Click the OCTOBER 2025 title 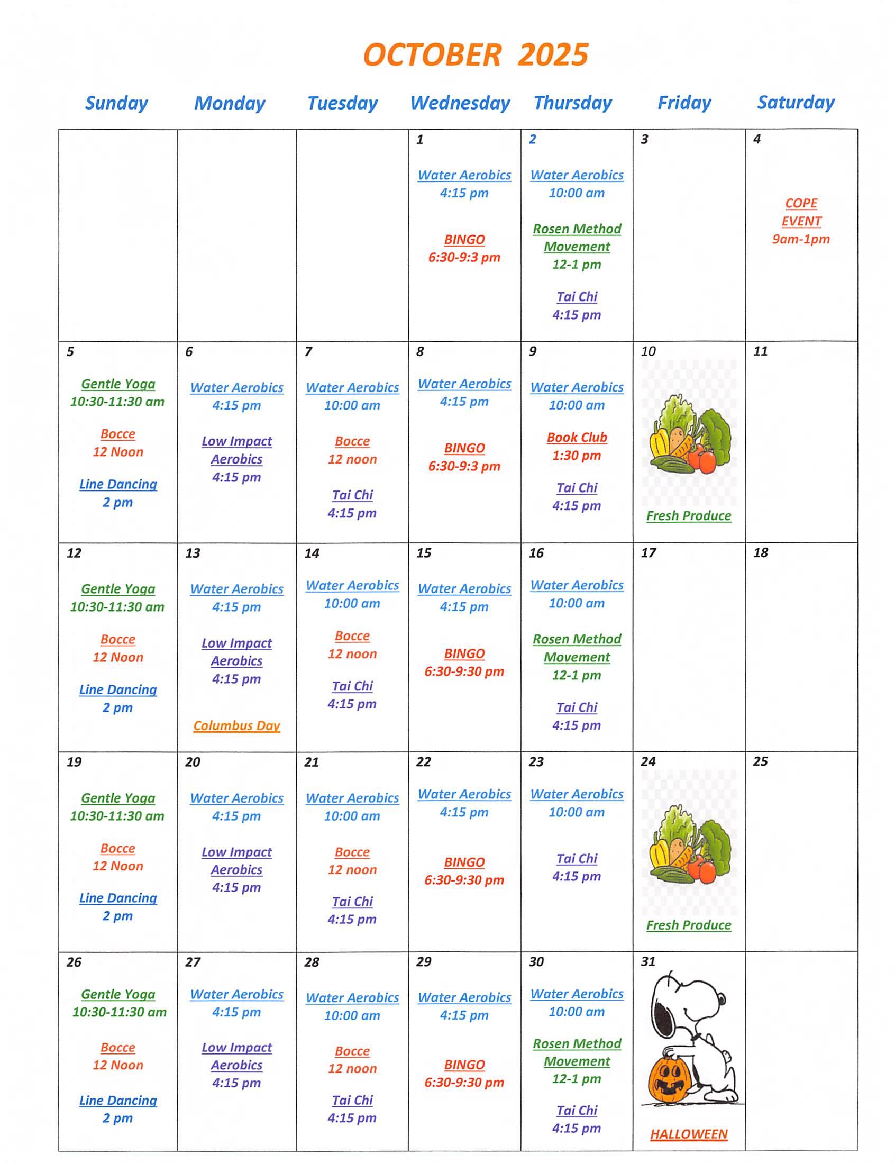click(475, 55)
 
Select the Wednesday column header click(460, 103)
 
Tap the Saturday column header click(796, 102)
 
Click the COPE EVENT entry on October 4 click(801, 212)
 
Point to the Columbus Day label click(236, 725)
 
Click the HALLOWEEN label click(688, 1134)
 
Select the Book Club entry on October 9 click(577, 437)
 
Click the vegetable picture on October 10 click(689, 434)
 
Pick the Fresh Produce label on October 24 click(688, 925)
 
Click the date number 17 click(648, 553)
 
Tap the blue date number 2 click(533, 139)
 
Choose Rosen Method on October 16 click(577, 639)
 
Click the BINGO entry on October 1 click(464, 240)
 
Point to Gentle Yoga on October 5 click(117, 384)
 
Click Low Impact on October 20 click(236, 852)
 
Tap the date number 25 click(760, 761)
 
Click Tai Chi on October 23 click(577, 858)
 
